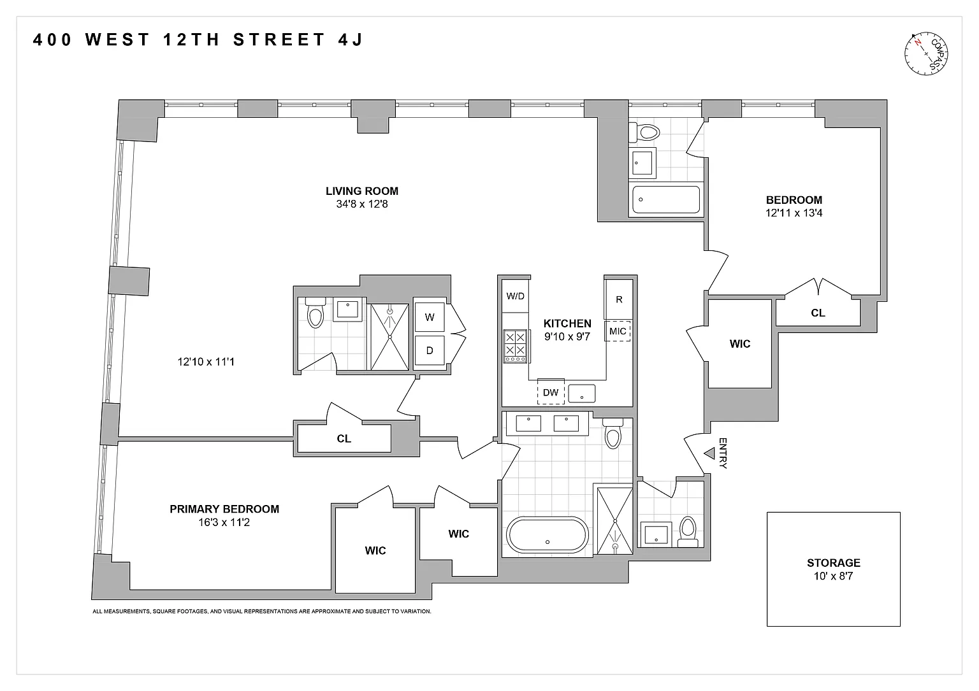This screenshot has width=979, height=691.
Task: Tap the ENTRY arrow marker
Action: [708, 453]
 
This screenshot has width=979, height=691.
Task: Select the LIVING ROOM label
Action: [361, 191]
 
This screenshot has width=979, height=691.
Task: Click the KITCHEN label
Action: [567, 324]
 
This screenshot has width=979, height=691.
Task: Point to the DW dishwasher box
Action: [551, 392]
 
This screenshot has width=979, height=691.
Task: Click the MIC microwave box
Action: [618, 331]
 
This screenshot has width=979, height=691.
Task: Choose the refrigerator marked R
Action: [619, 299]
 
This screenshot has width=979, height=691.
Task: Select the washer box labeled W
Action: [430, 317]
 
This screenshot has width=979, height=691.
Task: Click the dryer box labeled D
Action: [430, 350]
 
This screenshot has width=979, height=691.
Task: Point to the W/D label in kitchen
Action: [515, 296]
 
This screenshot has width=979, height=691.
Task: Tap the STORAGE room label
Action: [833, 563]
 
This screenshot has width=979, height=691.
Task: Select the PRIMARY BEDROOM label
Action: [224, 509]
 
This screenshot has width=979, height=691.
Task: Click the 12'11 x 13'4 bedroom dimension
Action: [794, 213]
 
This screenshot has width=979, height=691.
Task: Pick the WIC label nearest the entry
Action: [740, 344]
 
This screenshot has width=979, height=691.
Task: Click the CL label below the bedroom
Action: [818, 313]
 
